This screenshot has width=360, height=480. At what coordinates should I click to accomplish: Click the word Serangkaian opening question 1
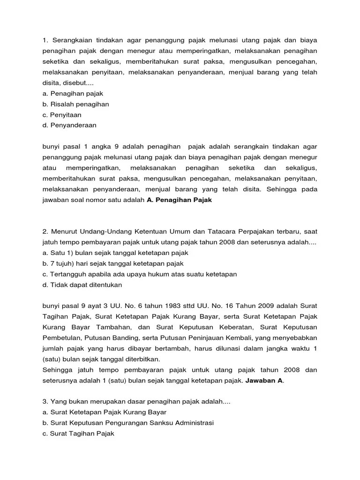click(73, 40)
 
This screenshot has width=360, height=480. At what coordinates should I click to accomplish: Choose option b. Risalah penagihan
click(75, 104)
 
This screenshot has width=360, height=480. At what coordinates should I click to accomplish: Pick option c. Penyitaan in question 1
click(61, 115)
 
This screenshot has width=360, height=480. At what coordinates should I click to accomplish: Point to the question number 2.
click(45, 232)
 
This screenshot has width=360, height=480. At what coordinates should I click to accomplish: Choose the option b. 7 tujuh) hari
click(112, 263)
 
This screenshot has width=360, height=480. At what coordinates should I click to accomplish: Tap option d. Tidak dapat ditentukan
click(82, 285)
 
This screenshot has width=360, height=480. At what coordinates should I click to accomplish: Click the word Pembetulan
click(61, 338)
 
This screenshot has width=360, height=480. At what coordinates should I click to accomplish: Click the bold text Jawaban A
click(264, 381)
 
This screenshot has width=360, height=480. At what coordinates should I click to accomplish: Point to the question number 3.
click(45, 402)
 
